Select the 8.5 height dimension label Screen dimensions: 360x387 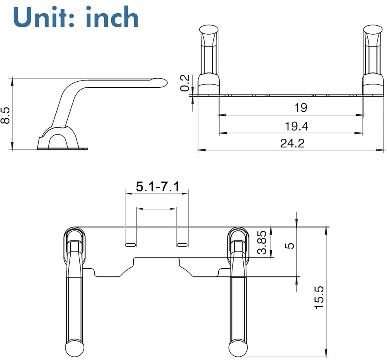point(5,115)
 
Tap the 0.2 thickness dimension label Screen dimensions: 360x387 point(185,83)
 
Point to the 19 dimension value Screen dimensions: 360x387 point(300,108)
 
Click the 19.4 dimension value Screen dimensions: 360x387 point(297,126)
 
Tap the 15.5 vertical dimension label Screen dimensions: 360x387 point(320,296)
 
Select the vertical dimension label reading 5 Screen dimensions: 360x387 point(291,246)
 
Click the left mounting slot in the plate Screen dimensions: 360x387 point(130,245)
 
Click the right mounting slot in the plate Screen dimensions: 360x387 point(182,245)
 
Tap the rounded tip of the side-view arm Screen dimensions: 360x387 point(161,82)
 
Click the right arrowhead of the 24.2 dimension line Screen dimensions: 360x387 point(378,150)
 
